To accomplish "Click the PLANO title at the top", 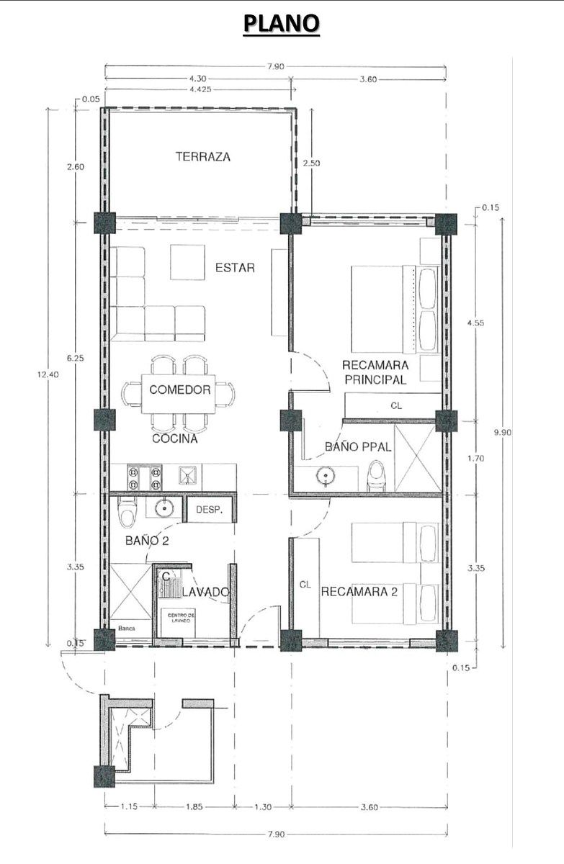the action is pos(281,23).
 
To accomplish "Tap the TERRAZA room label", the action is pos(203,157).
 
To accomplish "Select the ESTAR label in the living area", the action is pos(235,268).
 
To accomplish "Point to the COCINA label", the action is pos(175,438).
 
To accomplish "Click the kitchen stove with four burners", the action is pos(144,477).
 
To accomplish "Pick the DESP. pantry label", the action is pos(210,510).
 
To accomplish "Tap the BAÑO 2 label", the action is pos(147,541).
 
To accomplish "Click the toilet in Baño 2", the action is pos(127,512).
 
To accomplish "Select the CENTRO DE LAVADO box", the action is pos(178,623).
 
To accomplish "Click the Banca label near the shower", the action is pos(127,628).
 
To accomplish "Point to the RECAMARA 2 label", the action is pos(359,592).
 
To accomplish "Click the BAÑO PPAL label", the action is pos(358,446).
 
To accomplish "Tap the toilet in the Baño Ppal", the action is pos(377,476).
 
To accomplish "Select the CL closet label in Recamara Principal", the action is pos(396,405).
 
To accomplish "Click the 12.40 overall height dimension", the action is pos(48,374).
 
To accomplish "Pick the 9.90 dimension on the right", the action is pos(503,433).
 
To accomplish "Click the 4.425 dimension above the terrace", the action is pos(200,89).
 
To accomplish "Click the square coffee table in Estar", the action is pos(187,262).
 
